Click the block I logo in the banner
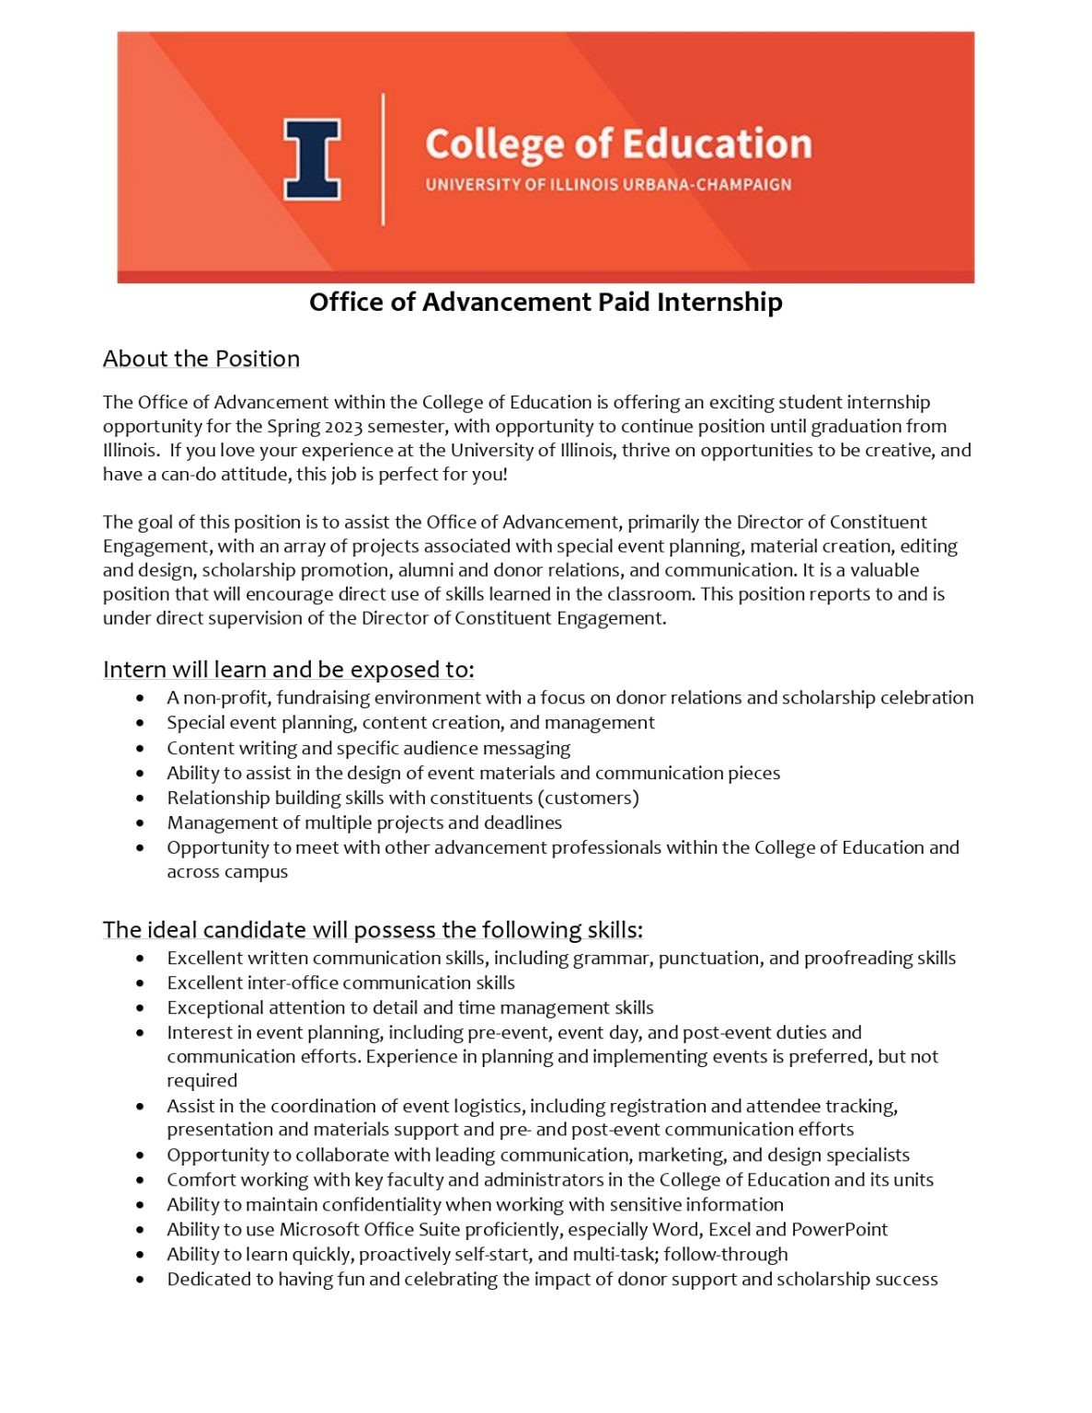click(312, 158)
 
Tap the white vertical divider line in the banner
click(383, 158)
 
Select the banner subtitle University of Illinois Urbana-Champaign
click(608, 184)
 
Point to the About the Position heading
click(201, 359)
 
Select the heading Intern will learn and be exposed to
click(288, 669)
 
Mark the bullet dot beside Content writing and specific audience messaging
click(140, 749)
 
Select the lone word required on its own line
click(201, 1081)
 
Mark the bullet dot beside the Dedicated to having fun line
click(140, 1280)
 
